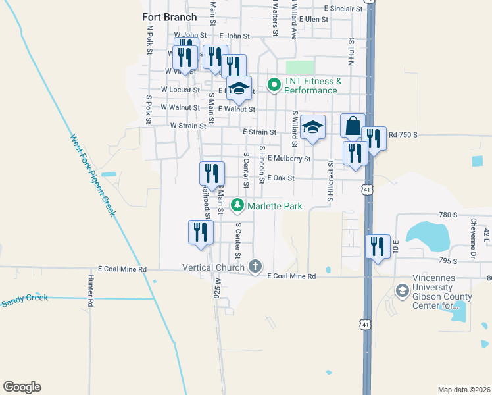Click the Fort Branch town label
[169, 18]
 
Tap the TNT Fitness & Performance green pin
[274, 84]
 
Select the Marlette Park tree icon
[237, 206]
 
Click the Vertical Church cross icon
[255, 267]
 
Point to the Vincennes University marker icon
[402, 290]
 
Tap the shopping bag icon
[353, 125]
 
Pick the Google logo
[22, 387]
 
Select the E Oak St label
[280, 178]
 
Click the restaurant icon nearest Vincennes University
[378, 247]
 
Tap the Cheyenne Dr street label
[473, 231]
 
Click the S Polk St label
[149, 109]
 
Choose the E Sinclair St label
[343, 9]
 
